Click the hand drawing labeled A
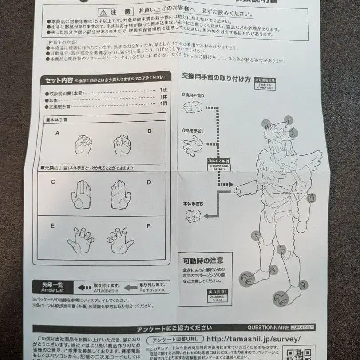(83, 145)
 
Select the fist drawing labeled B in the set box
(122, 145)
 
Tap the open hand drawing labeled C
(81, 194)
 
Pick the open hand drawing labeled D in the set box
(120, 194)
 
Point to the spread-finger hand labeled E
(80, 240)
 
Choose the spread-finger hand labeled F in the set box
(120, 240)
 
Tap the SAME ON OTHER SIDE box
(265, 84)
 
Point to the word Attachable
(106, 290)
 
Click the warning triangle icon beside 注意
(103, 12)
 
